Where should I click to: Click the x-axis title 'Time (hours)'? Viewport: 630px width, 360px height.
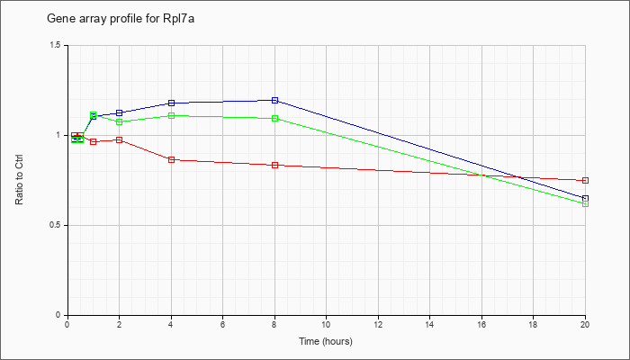(326, 342)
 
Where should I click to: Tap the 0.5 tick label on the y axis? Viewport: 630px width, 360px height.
(56, 225)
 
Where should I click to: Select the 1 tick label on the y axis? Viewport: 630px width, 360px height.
(60, 135)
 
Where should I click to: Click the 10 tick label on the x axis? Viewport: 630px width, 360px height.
(326, 325)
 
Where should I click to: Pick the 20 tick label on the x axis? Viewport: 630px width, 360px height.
(585, 325)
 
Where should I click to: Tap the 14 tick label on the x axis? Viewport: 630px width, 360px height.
(429, 325)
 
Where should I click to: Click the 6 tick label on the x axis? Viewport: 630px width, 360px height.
(222, 325)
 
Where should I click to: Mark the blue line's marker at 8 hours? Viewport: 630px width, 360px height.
(274, 100)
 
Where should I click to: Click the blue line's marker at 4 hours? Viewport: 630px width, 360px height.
(171, 103)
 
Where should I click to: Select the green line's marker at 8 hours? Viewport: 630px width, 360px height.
(274, 118)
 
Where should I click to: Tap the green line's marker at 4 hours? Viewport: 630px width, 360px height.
(171, 115)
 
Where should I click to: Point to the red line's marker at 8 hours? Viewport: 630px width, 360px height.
(274, 165)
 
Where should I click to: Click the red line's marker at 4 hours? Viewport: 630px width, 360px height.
(171, 159)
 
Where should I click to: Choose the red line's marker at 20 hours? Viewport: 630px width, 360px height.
(585, 181)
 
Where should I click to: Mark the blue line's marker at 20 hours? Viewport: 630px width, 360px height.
(585, 198)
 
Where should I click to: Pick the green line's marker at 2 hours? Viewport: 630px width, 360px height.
(119, 121)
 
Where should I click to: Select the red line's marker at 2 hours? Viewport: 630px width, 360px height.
(119, 139)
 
